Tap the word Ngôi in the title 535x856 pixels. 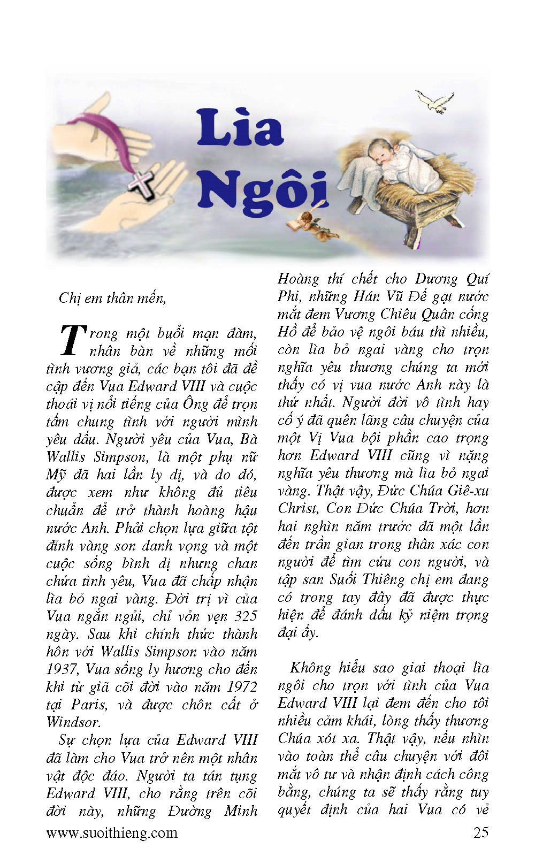point(262,190)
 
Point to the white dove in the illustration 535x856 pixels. point(435,101)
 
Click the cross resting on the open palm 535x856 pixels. point(142,185)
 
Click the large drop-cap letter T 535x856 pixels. point(72,340)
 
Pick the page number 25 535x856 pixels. point(480,832)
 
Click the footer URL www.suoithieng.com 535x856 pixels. point(112,832)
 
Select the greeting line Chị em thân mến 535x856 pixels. point(112,298)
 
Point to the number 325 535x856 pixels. point(246,616)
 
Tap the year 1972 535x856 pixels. point(242,687)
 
